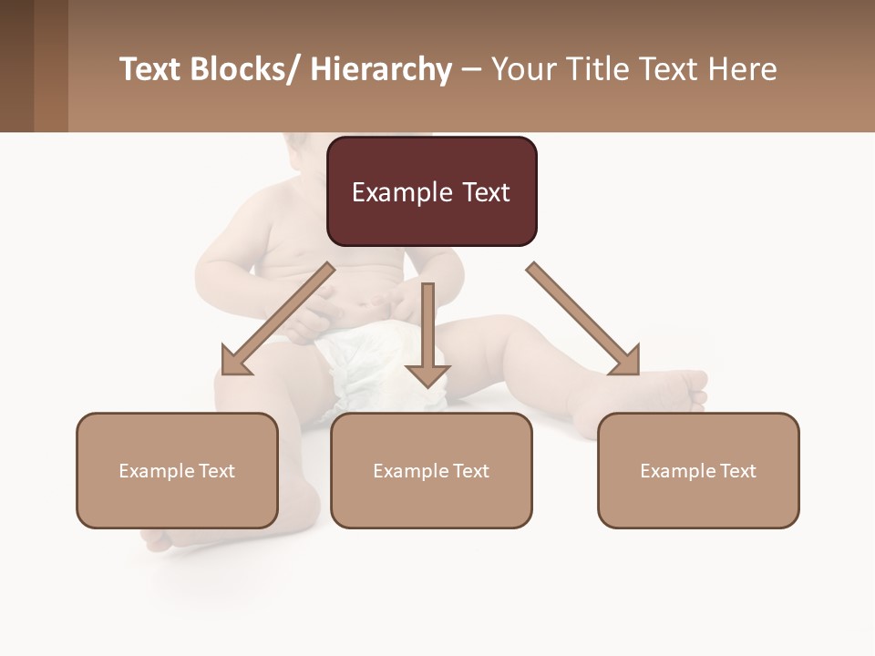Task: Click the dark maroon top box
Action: [431, 191]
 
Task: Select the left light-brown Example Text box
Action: [177, 470]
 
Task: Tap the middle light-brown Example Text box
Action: [431, 470]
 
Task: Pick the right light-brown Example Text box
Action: [698, 470]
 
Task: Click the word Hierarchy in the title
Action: [380, 69]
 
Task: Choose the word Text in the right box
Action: [736, 470]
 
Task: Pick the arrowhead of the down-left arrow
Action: [236, 361]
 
